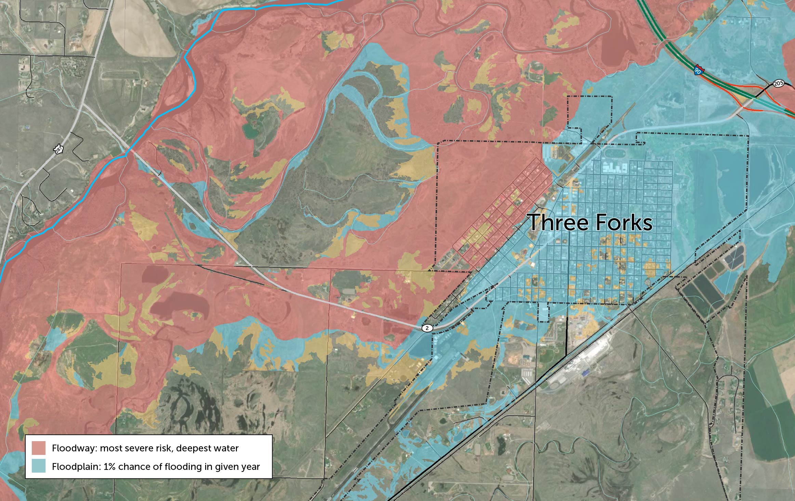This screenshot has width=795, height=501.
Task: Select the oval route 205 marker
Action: click(x=779, y=83)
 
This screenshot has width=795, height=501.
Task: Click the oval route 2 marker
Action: click(x=427, y=328)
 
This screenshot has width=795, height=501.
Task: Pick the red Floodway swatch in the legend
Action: click(x=39, y=448)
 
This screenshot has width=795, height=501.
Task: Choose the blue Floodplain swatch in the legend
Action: click(x=39, y=466)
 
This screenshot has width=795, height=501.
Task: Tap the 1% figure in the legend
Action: click(x=110, y=466)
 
